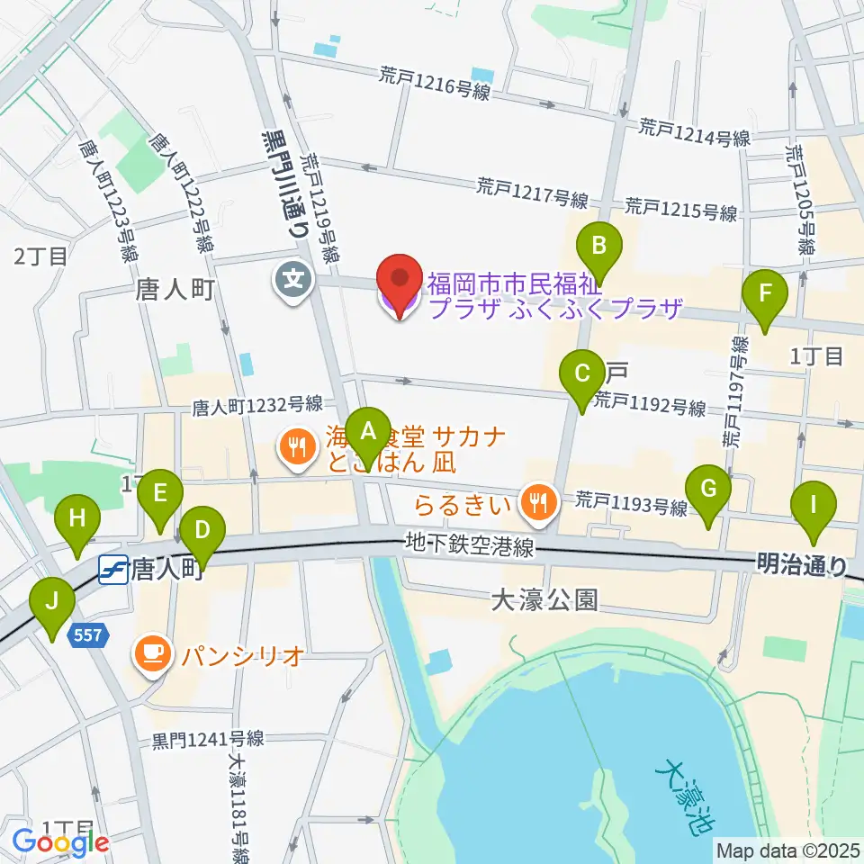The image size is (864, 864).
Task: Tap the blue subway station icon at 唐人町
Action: click(x=112, y=571)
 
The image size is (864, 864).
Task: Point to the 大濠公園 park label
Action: click(x=544, y=600)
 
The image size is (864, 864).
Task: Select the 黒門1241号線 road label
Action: click(x=208, y=739)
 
